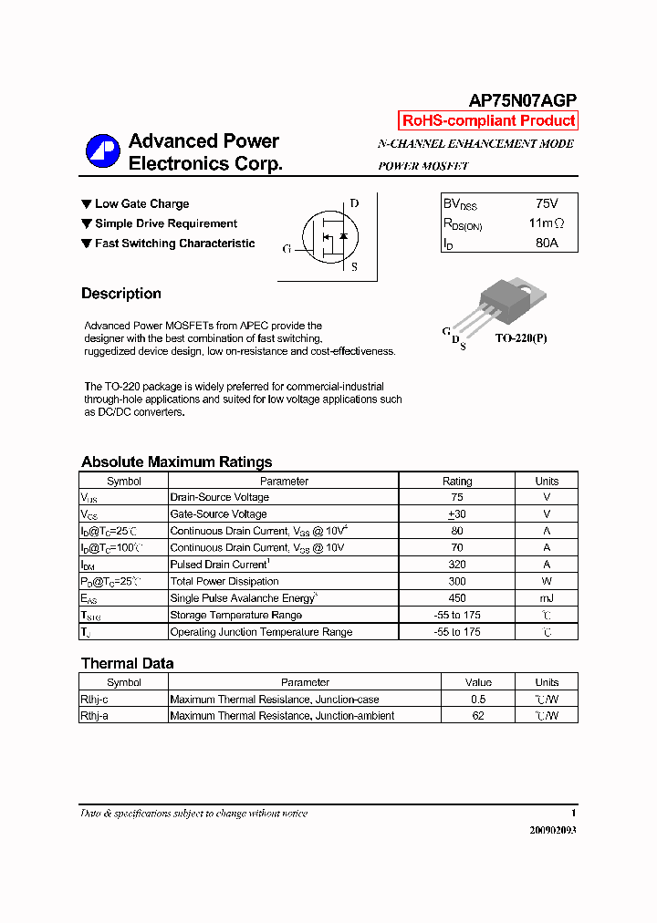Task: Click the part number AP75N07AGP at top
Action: click(x=523, y=101)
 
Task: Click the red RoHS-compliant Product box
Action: click(x=488, y=120)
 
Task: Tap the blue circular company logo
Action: click(x=102, y=152)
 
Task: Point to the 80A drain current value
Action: click(x=547, y=244)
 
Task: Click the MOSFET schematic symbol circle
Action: click(x=327, y=236)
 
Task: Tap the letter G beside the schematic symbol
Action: click(x=287, y=248)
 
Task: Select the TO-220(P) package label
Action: click(x=521, y=337)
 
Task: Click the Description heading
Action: click(x=120, y=294)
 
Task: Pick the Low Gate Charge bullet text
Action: click(x=141, y=203)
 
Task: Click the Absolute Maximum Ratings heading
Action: click(x=176, y=461)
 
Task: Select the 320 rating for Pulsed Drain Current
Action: click(x=457, y=565)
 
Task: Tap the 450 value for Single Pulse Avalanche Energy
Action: click(x=457, y=598)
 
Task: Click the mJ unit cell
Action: click(x=547, y=598)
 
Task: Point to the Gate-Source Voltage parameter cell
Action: click(x=218, y=514)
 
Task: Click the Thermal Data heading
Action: click(x=127, y=663)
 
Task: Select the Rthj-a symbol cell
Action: click(x=94, y=716)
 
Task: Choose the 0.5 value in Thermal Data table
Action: click(x=478, y=700)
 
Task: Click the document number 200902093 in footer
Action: click(x=553, y=830)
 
